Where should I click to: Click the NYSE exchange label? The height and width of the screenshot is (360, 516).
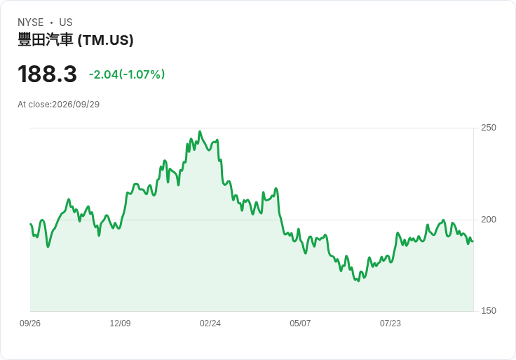pyautogui.click(x=31, y=22)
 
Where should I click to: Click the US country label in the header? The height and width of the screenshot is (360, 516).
pyautogui.click(x=66, y=22)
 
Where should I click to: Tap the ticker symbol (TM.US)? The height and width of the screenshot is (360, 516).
pyautogui.click(x=106, y=40)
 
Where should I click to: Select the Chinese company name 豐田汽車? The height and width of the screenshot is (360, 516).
pyautogui.click(x=46, y=40)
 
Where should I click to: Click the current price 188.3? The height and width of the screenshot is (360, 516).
pyautogui.click(x=48, y=74)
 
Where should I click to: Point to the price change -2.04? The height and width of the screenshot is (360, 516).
pyautogui.click(x=103, y=74)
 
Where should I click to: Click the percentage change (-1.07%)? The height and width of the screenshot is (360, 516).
pyautogui.click(x=142, y=74)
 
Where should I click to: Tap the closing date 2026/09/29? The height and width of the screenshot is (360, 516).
pyautogui.click(x=76, y=105)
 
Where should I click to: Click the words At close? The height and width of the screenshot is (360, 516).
pyautogui.click(x=34, y=105)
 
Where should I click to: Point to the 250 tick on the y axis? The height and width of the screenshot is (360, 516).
pyautogui.click(x=489, y=128)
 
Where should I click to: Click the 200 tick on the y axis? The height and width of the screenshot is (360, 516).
pyautogui.click(x=489, y=220)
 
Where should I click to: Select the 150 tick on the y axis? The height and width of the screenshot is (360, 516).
pyautogui.click(x=489, y=311)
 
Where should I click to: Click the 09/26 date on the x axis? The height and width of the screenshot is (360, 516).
pyautogui.click(x=30, y=324)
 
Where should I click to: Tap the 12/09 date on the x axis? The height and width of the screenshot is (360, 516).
pyautogui.click(x=120, y=324)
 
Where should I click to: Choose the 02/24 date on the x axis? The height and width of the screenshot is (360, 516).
pyautogui.click(x=210, y=324)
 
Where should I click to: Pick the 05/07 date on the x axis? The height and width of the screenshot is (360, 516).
pyautogui.click(x=300, y=324)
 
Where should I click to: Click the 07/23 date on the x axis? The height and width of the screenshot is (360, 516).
pyautogui.click(x=391, y=324)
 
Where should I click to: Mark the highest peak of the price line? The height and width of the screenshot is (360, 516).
pyautogui.click(x=200, y=131)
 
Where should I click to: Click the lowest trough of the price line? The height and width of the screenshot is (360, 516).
pyautogui.click(x=358, y=281)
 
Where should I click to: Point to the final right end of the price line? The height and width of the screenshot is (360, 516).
pyautogui.click(x=473, y=241)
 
